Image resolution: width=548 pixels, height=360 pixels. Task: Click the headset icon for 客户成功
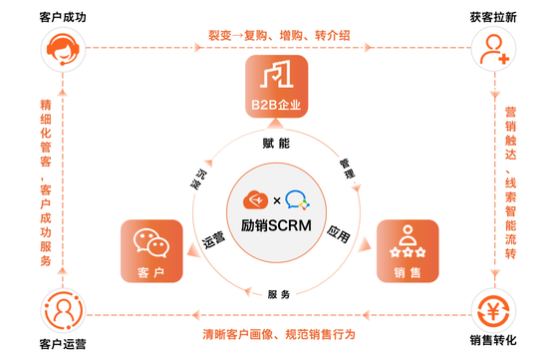click(58, 47)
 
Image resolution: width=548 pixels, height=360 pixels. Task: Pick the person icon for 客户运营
click(58, 310)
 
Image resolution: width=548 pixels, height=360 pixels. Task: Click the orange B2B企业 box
click(276, 86)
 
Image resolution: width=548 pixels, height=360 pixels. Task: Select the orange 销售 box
click(407, 250)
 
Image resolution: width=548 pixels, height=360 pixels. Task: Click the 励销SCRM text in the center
click(277, 226)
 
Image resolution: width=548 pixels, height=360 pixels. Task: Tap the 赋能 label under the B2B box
click(276, 142)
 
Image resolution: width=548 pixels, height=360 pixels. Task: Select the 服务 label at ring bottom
click(279, 294)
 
